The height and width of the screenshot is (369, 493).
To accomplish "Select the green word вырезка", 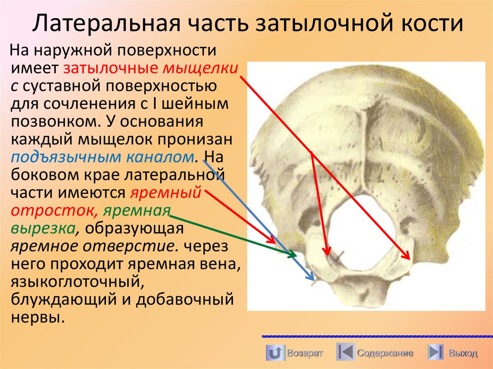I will click(43, 229).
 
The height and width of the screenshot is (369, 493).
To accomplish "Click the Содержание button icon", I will click(346, 353).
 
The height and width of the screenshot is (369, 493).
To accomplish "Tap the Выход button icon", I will click(435, 353).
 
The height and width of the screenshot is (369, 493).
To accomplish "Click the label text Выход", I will click(462, 354).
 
